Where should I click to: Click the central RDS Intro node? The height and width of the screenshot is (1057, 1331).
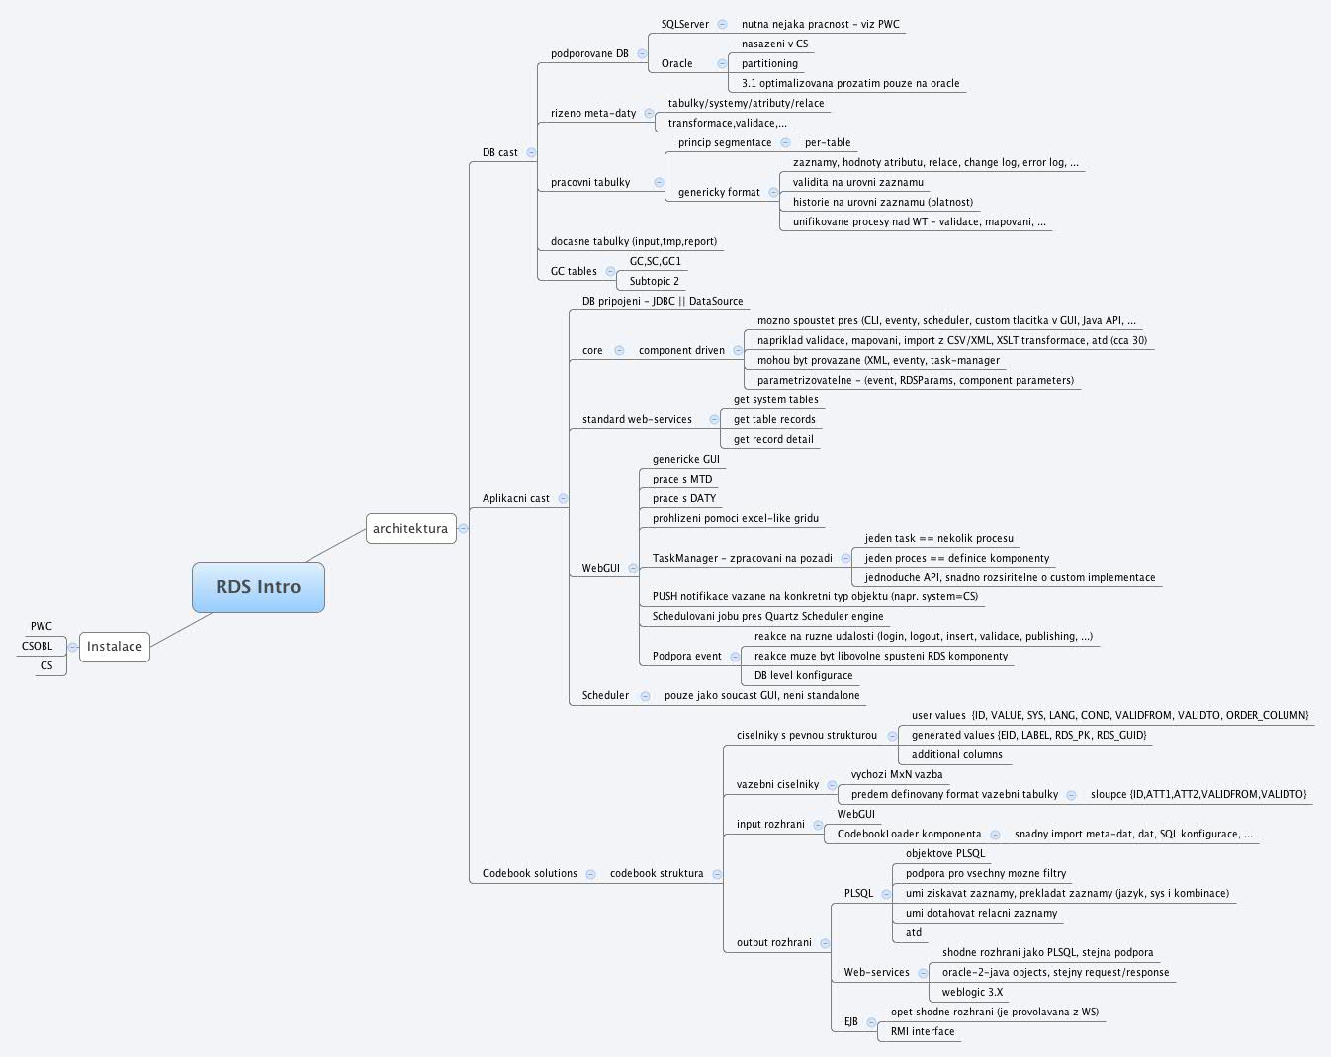[258, 587]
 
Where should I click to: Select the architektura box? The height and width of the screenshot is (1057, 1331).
[410, 529]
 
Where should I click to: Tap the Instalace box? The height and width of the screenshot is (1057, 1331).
[115, 647]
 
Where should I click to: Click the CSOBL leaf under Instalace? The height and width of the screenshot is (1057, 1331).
[38, 647]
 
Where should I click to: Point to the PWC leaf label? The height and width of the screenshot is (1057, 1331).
[42, 627]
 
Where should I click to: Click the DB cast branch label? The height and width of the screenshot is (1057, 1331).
[500, 153]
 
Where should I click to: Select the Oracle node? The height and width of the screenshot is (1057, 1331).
[677, 64]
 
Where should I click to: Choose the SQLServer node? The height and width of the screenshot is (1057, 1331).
[685, 25]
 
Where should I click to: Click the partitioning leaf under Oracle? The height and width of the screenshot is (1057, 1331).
[769, 64]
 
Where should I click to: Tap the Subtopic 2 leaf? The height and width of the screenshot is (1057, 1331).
[655, 282]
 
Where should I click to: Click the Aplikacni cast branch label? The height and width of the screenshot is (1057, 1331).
[516, 499]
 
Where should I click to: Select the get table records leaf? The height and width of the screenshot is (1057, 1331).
[774, 420]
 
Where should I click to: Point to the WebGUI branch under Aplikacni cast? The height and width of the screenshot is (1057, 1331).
[601, 569]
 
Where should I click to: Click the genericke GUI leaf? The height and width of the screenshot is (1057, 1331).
[686, 460]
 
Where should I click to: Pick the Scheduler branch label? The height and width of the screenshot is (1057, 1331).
[605, 696]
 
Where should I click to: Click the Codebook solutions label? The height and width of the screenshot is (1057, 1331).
[530, 874]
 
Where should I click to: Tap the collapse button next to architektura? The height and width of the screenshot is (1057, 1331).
[463, 529]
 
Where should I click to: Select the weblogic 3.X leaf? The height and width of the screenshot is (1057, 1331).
[972, 993]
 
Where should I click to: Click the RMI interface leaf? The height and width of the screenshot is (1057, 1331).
[923, 1032]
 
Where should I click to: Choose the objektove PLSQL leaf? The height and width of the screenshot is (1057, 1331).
[945, 854]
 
